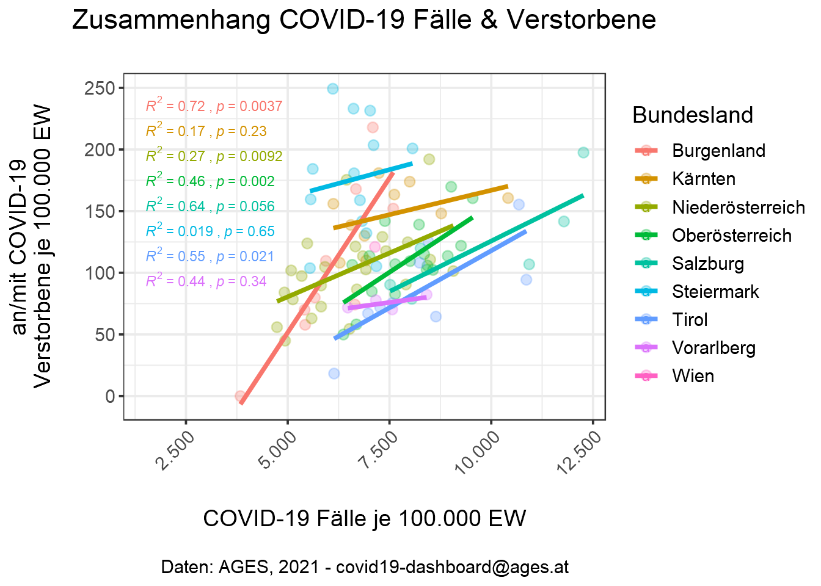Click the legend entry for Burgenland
click(x=718, y=151)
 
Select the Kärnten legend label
click(x=704, y=179)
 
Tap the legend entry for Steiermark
click(x=715, y=292)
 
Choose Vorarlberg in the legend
click(x=713, y=348)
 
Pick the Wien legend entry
click(x=693, y=376)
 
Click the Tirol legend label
click(x=690, y=320)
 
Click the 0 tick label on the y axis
click(x=110, y=396)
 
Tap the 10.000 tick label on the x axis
click(x=478, y=450)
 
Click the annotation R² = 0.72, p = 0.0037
click(x=214, y=106)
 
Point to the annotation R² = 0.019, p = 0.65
click(x=210, y=231)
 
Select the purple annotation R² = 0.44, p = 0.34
click(x=206, y=281)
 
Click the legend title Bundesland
click(x=692, y=115)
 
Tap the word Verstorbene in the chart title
click(x=581, y=20)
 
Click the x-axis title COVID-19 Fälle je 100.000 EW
click(x=364, y=518)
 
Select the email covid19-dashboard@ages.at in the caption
click(x=452, y=567)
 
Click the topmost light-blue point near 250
click(x=332, y=89)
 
